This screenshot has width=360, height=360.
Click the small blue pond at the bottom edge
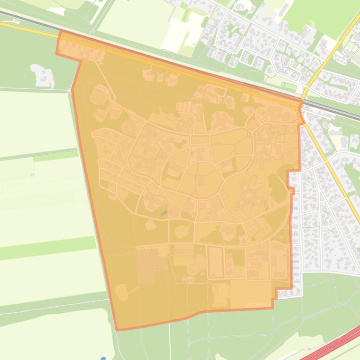click(x=103, y=358)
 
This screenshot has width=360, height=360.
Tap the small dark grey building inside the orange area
click(x=164, y=213)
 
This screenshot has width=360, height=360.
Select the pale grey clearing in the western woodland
click(x=42, y=75)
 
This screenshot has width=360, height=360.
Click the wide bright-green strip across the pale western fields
click(x=47, y=248)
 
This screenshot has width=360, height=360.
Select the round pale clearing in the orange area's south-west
click(x=122, y=292)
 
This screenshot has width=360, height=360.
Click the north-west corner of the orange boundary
click(x=60, y=31)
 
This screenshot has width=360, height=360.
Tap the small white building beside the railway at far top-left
click(x=16, y=21)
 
